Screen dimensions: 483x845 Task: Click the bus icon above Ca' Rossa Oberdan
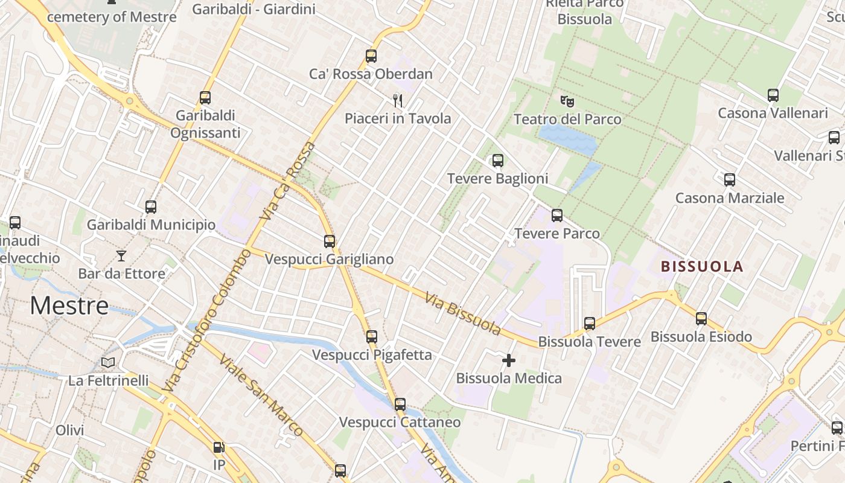(x=371, y=56)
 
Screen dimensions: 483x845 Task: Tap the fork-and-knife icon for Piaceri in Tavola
(x=397, y=100)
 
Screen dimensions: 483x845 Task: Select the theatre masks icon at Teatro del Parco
(x=567, y=101)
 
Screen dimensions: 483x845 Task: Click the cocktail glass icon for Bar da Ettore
(x=121, y=256)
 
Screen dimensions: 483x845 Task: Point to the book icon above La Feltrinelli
(x=108, y=362)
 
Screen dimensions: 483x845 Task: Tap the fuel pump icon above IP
(x=218, y=447)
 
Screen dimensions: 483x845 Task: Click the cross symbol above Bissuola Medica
(x=509, y=360)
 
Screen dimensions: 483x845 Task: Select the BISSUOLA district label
(x=702, y=266)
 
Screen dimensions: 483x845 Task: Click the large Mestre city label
(x=69, y=305)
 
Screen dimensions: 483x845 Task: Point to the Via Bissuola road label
(x=463, y=314)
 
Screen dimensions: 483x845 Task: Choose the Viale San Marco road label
(x=261, y=395)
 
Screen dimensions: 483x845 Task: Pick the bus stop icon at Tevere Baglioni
(x=498, y=161)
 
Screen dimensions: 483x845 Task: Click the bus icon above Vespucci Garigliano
(x=330, y=241)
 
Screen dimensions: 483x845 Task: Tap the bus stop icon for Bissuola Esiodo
(x=701, y=319)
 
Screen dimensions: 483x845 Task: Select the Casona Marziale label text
(x=730, y=198)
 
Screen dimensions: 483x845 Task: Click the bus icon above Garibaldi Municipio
(x=151, y=207)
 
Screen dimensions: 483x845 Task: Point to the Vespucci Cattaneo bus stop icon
(x=400, y=405)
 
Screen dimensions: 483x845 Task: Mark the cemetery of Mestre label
(x=112, y=16)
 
